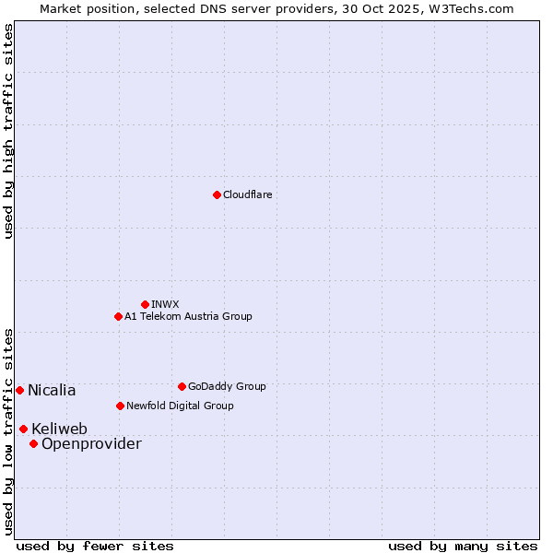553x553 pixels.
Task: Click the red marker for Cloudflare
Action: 217,194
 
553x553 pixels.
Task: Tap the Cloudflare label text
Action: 247,194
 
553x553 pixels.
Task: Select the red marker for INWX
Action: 145,304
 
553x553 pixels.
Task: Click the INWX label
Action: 165,304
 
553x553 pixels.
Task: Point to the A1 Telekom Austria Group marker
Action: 118,316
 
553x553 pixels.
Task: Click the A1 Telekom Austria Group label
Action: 188,316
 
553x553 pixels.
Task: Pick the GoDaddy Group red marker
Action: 182,386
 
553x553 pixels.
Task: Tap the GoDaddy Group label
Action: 226,386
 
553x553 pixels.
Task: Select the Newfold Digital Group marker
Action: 120,406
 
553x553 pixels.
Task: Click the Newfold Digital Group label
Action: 180,406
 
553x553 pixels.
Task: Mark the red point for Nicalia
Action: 19,390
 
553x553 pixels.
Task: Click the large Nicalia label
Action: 52,391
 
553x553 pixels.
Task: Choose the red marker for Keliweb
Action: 23,429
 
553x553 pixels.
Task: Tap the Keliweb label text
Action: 59,429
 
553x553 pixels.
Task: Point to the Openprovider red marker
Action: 33,443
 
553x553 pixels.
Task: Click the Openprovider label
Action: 91,444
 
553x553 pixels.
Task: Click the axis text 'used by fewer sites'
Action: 95,546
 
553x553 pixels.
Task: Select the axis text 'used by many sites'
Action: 463,546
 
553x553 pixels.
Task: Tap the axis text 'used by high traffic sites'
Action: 9,131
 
